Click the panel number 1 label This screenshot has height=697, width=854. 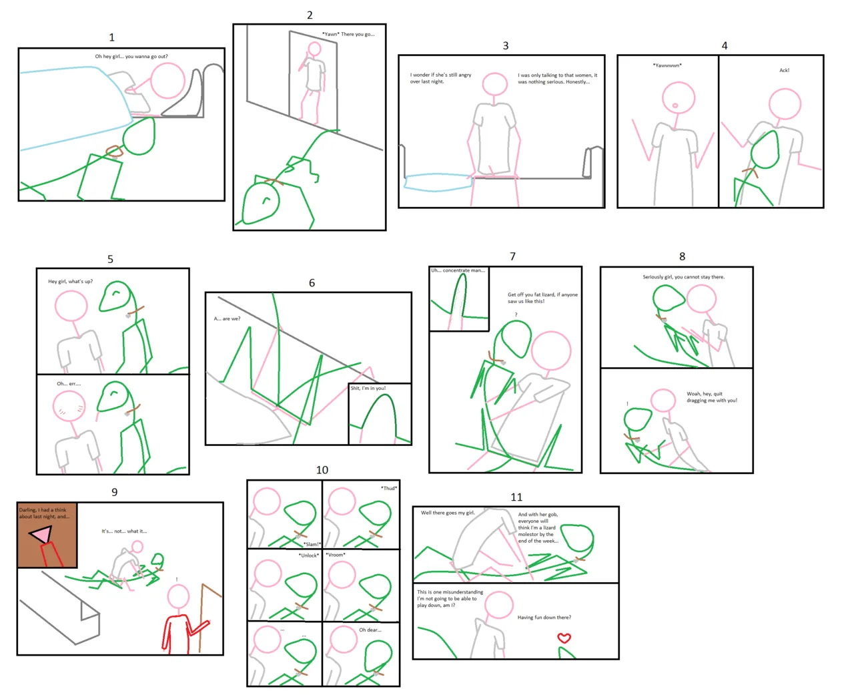pyautogui.click(x=111, y=37)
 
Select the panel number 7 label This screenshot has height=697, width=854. pyautogui.click(x=512, y=256)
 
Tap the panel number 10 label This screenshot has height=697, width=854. pyautogui.click(x=322, y=470)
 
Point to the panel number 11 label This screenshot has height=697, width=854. pyautogui.click(x=516, y=497)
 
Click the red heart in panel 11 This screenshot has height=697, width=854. pyautogui.click(x=564, y=638)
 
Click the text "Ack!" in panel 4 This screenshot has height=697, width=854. pyautogui.click(x=785, y=70)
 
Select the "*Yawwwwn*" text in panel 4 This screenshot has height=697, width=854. pyautogui.click(x=667, y=65)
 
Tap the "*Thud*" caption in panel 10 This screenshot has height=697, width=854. pyautogui.click(x=389, y=488)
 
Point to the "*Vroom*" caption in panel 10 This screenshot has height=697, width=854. pyautogui.click(x=336, y=555)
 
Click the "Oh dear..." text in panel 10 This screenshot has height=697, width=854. pyautogui.click(x=370, y=630)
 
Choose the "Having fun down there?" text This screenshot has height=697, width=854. pyautogui.click(x=544, y=618)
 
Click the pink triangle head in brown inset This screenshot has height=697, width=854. pyautogui.click(x=41, y=534)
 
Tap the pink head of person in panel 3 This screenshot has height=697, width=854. pyautogui.click(x=495, y=85)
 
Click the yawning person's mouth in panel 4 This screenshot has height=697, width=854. pyautogui.click(x=675, y=105)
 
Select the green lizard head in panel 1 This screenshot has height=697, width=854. pyautogui.click(x=139, y=136)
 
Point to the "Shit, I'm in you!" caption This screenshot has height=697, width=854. pyautogui.click(x=368, y=388)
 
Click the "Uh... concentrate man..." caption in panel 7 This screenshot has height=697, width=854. pyautogui.click(x=458, y=270)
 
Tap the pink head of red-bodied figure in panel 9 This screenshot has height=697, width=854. pyautogui.click(x=178, y=596)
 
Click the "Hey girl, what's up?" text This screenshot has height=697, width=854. pyautogui.click(x=71, y=282)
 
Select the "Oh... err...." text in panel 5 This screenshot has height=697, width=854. pyautogui.click(x=69, y=384)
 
